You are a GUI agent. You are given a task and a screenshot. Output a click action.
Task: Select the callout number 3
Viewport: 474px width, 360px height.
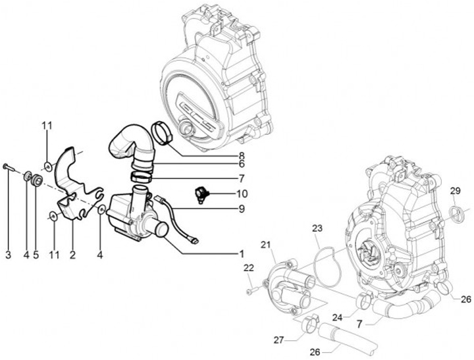click(8, 253)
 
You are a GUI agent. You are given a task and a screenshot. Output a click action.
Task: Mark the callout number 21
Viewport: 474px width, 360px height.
click(265, 245)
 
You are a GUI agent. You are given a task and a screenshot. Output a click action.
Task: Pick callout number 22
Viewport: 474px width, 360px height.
click(248, 267)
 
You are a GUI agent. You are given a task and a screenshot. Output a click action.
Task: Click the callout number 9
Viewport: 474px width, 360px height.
click(242, 209)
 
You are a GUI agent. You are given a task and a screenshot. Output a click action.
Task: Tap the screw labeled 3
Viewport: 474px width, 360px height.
click(7, 167)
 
